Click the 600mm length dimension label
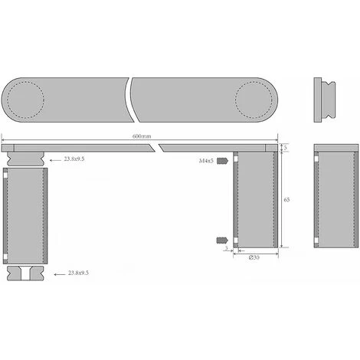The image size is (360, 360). pyautogui.click(x=142, y=136)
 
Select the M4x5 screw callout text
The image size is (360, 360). pyautogui.click(x=206, y=161)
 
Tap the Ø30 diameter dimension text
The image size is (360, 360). pyautogui.click(x=254, y=257)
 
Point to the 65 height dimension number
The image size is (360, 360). pyautogui.click(x=286, y=200)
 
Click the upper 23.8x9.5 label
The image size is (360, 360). pyautogui.click(x=74, y=159)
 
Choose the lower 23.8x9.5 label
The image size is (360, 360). pyautogui.click(x=78, y=273)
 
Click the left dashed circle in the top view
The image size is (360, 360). pyautogui.click(x=25, y=100)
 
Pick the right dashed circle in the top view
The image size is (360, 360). pyautogui.click(x=254, y=100)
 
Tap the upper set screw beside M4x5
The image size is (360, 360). pyautogui.click(x=222, y=161)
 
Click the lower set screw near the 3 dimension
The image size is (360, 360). pyautogui.click(x=222, y=241)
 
